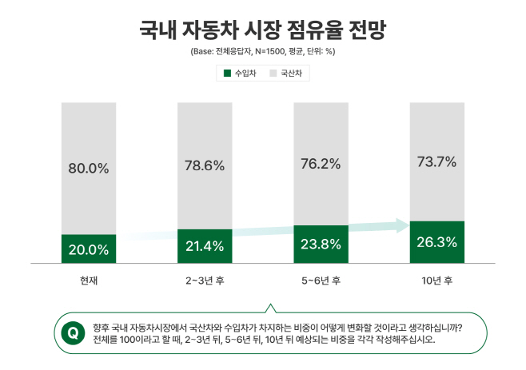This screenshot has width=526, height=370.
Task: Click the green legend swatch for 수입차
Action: pos(226,74)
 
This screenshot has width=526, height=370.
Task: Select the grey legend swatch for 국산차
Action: pos(272,74)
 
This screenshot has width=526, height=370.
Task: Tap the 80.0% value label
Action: pos(88,169)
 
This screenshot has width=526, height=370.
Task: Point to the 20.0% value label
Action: pos(88,249)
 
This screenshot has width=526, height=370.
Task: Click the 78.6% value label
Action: pos(205,166)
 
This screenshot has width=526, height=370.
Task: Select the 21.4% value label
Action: pos(205,246)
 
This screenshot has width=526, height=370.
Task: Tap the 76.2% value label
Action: pos(321,164)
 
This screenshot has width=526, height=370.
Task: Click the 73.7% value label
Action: pos(436,161)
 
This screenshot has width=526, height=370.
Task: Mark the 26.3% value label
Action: pos(436,242)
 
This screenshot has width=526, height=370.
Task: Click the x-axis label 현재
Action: pos(88,280)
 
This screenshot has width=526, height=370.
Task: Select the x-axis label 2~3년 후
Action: pos(205,280)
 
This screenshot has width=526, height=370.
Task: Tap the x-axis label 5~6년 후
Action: pos(321,280)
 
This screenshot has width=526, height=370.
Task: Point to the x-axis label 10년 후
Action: pos(436,280)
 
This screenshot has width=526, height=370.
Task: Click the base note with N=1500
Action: pos(262,51)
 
